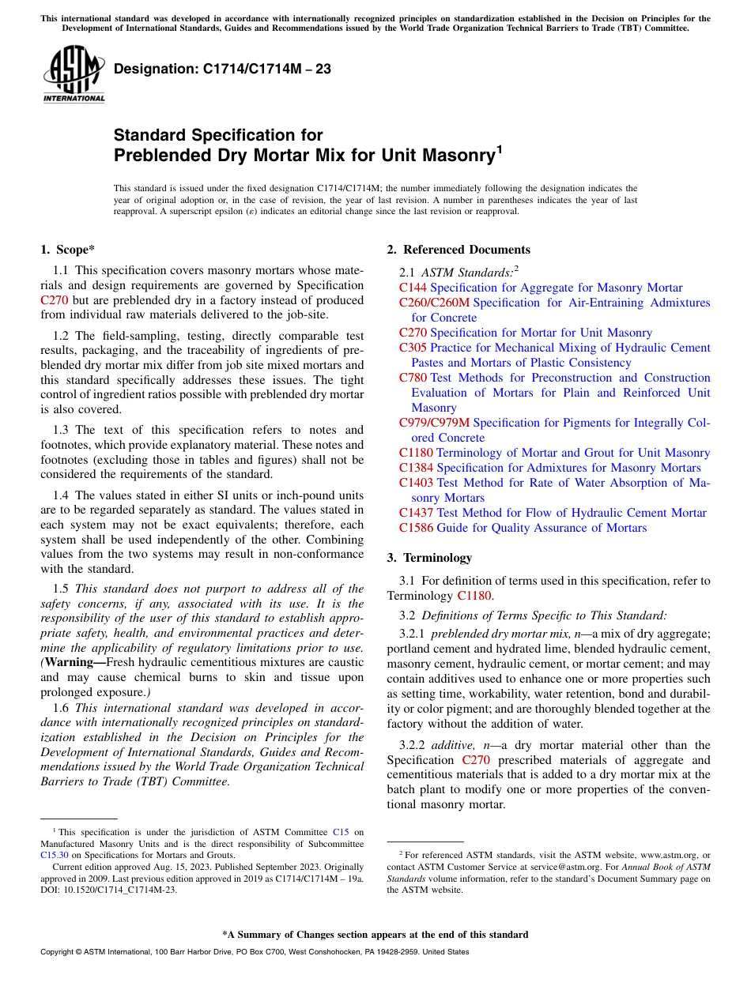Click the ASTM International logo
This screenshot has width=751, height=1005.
(x=73, y=74)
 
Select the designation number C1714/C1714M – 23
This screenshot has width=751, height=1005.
(x=222, y=69)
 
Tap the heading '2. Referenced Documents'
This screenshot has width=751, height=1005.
(x=459, y=250)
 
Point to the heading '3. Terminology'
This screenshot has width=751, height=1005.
(x=429, y=558)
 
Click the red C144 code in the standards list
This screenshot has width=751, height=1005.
(x=413, y=288)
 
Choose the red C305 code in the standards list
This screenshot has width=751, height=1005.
(x=413, y=348)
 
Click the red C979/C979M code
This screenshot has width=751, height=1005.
(x=434, y=423)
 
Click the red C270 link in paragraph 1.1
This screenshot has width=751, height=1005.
(x=54, y=300)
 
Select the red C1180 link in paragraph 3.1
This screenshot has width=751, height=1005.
(x=474, y=596)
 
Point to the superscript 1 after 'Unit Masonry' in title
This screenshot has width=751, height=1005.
(x=498, y=149)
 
